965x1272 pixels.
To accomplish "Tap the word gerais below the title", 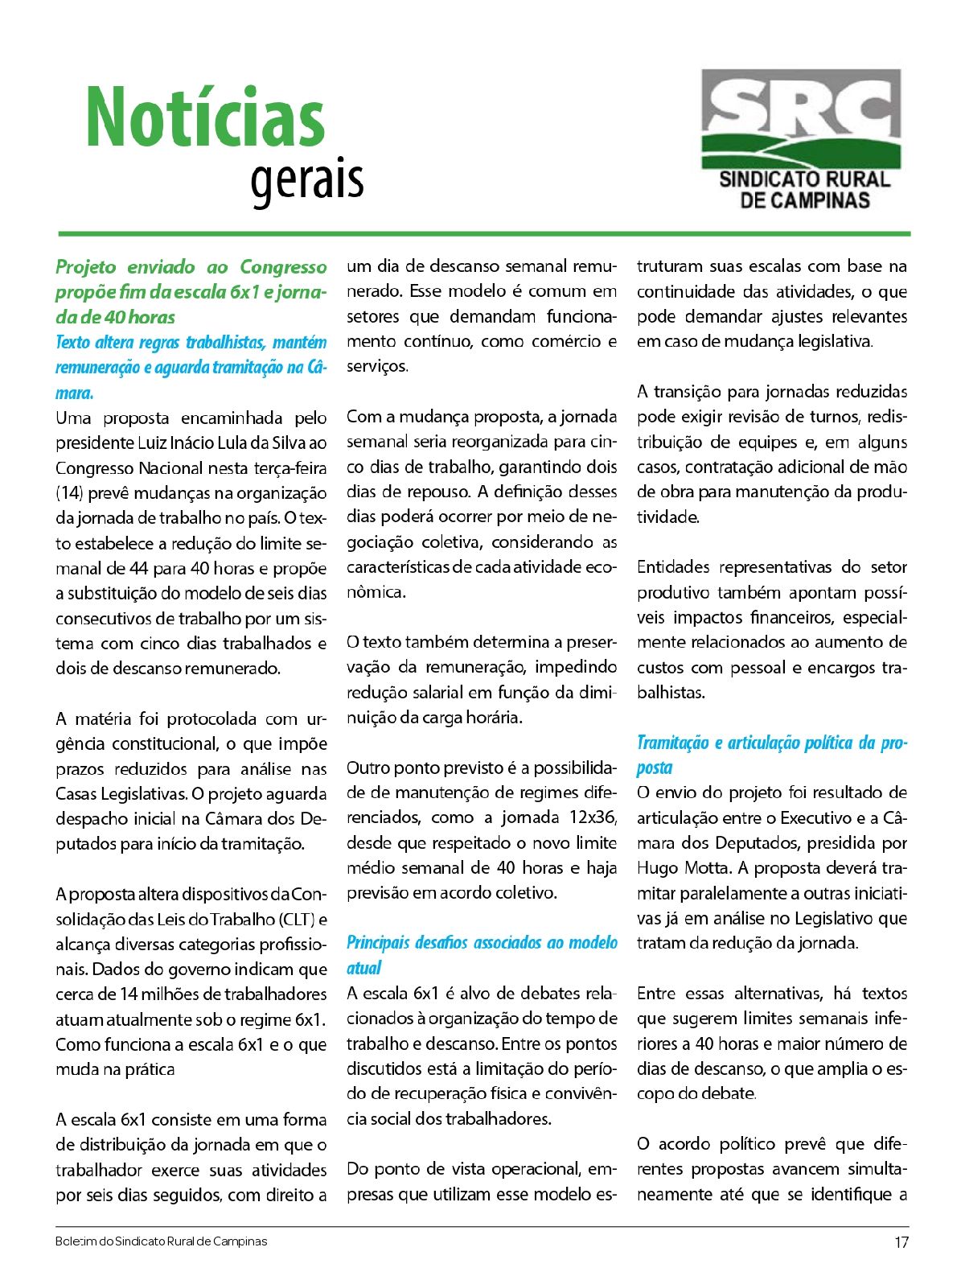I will (306, 180).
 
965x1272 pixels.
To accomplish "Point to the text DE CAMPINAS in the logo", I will (804, 200).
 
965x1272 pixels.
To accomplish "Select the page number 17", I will (901, 1241).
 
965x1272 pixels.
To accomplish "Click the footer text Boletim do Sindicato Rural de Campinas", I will (161, 1241).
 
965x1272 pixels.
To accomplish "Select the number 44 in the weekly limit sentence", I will (138, 568).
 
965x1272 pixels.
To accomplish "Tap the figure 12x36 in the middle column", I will (593, 817).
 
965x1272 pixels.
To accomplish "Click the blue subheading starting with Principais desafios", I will (482, 943).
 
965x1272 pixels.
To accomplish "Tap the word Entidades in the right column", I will (673, 567).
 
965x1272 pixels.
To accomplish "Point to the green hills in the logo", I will (800, 150).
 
